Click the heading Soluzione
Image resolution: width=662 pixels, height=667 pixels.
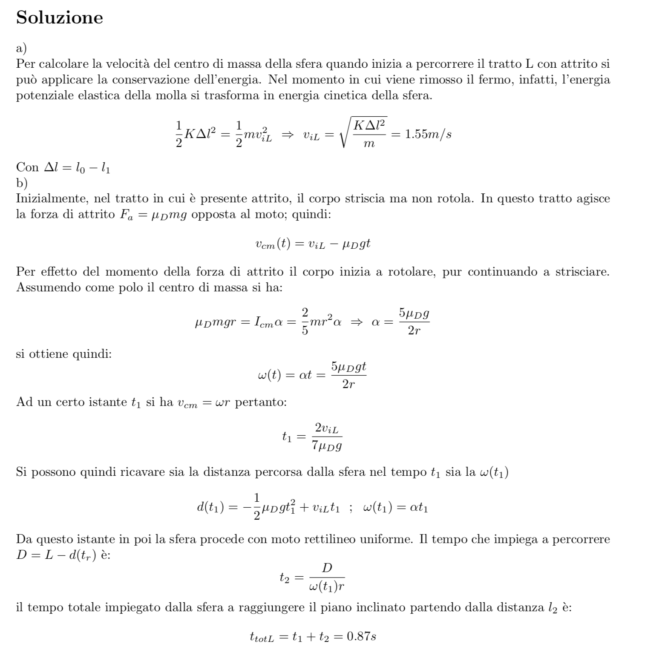pos(59,18)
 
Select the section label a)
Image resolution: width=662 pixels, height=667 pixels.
pos(21,49)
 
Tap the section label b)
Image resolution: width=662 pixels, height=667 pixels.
pos(22,183)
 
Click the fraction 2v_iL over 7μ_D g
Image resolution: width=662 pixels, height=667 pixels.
pos(327,437)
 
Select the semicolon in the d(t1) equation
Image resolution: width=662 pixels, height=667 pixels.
pos(351,508)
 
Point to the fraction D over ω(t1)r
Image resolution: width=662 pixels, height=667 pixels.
pos(327,578)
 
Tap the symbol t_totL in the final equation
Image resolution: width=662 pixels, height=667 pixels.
pos(261,638)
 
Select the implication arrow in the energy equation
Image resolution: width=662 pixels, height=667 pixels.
pos(288,135)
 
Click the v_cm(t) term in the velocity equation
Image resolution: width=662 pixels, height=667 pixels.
pos(273,244)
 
